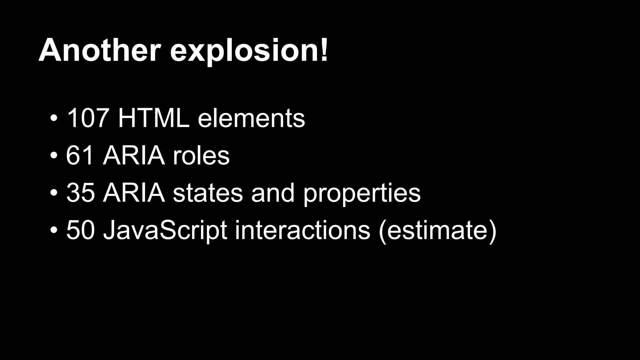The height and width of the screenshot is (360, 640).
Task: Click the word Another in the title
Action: coord(100,50)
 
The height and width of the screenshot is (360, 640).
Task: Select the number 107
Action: coord(87,118)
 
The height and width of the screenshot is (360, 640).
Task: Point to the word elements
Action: coord(251,119)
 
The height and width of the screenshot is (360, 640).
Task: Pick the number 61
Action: coord(80,155)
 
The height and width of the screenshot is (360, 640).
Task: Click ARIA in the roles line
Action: coord(134,155)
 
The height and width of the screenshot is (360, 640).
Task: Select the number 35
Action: coord(80,192)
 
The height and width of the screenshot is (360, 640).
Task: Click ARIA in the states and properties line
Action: coord(134,192)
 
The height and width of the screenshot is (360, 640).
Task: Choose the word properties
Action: coord(362,194)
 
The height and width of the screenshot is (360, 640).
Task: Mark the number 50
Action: coord(80,230)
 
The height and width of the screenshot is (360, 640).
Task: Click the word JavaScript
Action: coord(165,231)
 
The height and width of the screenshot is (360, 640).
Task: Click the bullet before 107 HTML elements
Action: coord(53,119)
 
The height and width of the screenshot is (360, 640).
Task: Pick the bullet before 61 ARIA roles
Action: coord(53,156)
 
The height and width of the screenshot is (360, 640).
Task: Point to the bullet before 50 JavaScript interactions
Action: coord(53,230)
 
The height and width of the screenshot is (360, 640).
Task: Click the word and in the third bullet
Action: coord(273,193)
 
